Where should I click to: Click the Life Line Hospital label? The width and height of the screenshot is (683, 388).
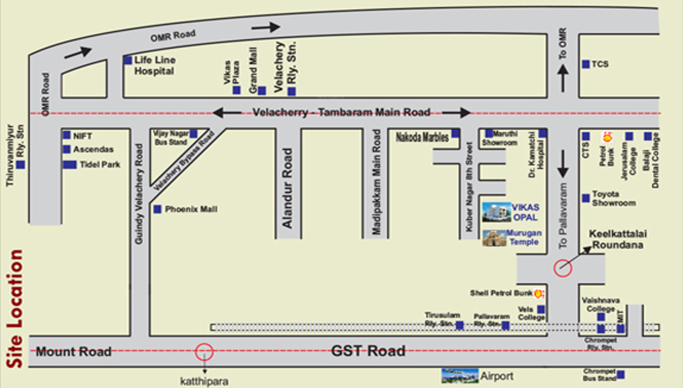tap(154, 65)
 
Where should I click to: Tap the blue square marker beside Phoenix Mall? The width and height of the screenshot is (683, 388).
tap(158, 209)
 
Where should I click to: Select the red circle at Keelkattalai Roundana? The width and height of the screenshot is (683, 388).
tap(563, 268)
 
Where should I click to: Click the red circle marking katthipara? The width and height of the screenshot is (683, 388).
tap(204, 351)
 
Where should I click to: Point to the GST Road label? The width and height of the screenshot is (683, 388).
tap(368, 351)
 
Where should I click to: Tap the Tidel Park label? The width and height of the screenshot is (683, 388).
tap(100, 165)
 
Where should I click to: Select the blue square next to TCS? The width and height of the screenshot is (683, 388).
tap(586, 64)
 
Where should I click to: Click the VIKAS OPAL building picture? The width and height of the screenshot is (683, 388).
tap(496, 212)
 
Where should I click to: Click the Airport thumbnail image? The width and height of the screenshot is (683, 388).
tap(459, 376)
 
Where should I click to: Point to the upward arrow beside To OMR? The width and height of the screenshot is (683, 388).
tap(563, 78)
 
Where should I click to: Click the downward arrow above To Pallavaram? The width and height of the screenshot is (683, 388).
tap(563, 164)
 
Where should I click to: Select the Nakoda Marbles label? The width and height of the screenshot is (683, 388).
tap(422, 137)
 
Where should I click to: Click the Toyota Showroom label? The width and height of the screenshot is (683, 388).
tap(614, 198)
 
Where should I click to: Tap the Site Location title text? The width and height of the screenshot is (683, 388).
tap(16, 308)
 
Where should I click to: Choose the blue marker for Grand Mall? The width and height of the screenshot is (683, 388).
tap(262, 90)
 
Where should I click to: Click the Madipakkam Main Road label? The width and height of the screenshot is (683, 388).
tap(377, 182)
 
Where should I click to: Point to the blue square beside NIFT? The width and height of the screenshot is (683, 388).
tap(66, 135)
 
